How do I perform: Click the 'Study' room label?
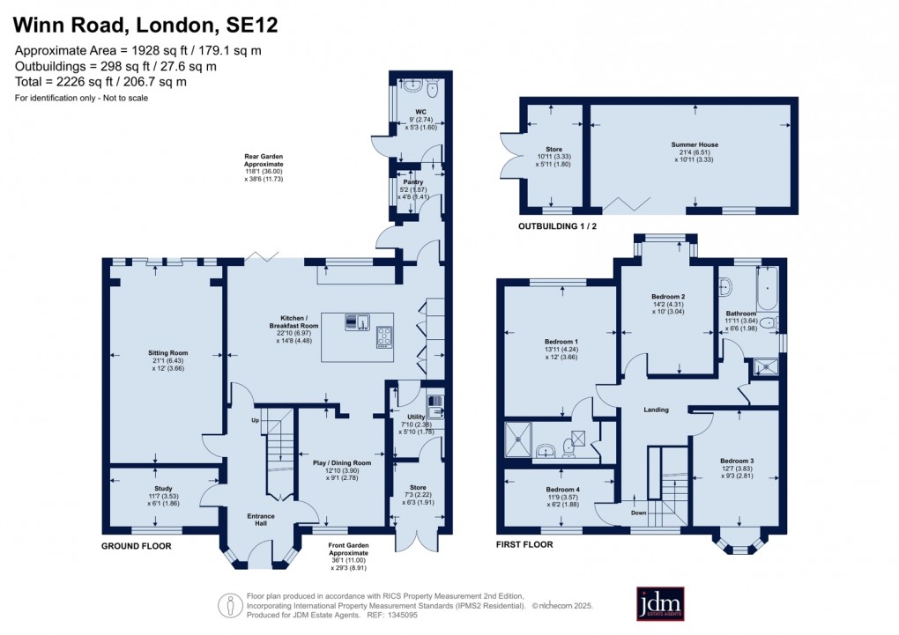pos(163,488)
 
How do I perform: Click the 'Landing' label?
pos(656,410)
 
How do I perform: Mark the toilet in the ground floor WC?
pos(431,90)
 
